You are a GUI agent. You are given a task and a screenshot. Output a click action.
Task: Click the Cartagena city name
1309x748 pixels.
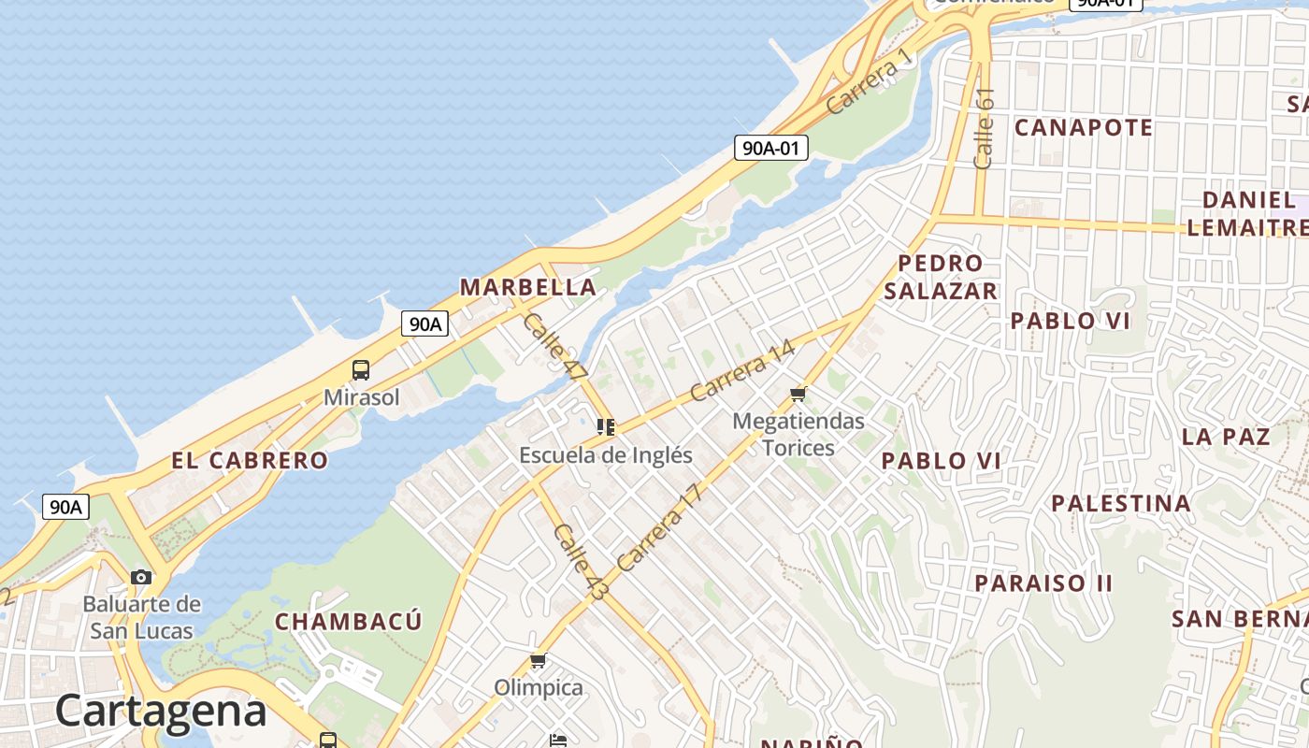click(161, 711)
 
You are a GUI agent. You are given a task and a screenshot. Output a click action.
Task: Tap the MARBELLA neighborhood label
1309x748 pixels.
click(527, 287)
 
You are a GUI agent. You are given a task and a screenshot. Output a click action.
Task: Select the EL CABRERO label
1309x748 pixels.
click(250, 460)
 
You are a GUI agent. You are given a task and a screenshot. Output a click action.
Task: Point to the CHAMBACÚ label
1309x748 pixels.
click(349, 622)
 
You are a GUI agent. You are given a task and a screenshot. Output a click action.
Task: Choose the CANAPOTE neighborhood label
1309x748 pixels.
click(1084, 128)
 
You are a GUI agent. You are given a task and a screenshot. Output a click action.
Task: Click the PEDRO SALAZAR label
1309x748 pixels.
click(941, 277)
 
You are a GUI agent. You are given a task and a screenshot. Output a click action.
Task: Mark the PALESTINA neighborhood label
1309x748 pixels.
click(1121, 504)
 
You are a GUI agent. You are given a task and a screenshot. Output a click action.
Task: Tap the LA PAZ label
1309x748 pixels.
click(1225, 437)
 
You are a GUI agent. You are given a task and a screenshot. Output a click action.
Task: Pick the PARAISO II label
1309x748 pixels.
click(1043, 583)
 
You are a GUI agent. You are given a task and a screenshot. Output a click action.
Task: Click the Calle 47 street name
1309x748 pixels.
click(554, 345)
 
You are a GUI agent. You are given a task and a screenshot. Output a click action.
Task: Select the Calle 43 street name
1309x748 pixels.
click(580, 561)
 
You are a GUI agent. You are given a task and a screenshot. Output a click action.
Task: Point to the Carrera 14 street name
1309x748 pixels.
click(742, 370)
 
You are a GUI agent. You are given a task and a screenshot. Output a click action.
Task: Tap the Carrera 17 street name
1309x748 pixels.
click(659, 528)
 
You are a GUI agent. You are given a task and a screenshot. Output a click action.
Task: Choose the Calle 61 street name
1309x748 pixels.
click(984, 128)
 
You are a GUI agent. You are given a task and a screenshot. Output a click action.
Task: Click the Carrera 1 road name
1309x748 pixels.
click(869, 82)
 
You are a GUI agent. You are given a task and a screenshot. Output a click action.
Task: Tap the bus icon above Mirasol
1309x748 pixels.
click(361, 370)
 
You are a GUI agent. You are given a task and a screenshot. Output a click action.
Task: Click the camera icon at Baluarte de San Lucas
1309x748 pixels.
click(141, 577)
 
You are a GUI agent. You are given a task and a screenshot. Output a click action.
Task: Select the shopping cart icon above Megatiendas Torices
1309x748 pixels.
click(798, 394)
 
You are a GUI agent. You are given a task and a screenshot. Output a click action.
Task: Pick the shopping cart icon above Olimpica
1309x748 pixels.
click(538, 661)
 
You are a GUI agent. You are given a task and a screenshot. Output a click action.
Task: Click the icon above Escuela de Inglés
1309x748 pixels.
click(606, 427)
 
